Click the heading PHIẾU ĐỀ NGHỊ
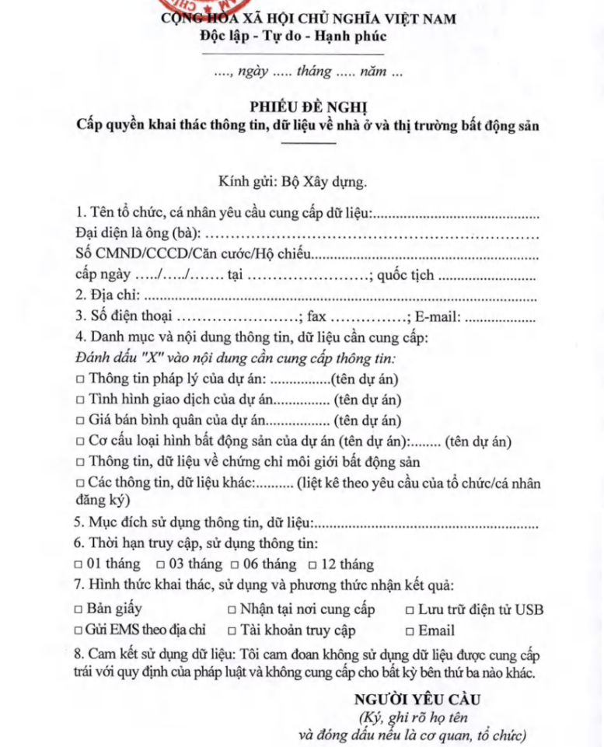point(302,105)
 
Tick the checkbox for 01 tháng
point(79,564)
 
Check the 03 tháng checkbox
point(160,564)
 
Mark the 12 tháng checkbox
point(312,564)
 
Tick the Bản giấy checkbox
point(79,609)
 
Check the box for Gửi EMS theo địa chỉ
point(79,630)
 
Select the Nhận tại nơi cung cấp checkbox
point(232,609)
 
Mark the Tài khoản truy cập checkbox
point(232,630)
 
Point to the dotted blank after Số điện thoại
point(238,318)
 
